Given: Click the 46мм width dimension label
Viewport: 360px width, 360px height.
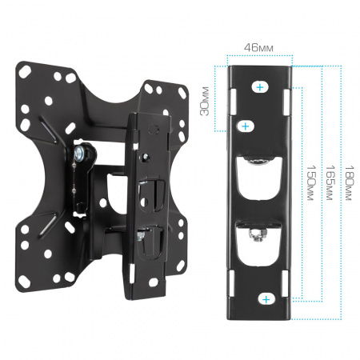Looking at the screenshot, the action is coord(258,48).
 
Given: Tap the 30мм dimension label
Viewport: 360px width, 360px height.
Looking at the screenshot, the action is coord(205,101).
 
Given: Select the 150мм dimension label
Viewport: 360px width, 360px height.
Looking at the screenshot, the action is coord(311,182).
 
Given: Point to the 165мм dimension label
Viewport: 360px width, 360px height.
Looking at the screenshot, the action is coord(330,182).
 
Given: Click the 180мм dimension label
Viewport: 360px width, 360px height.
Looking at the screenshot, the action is coord(349,182).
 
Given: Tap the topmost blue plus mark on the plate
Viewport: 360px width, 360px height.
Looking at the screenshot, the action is coord(260,87).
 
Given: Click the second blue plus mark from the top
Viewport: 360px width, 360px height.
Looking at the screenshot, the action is coord(246,126).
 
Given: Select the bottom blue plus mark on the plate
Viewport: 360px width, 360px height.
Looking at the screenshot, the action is coord(266,299).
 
